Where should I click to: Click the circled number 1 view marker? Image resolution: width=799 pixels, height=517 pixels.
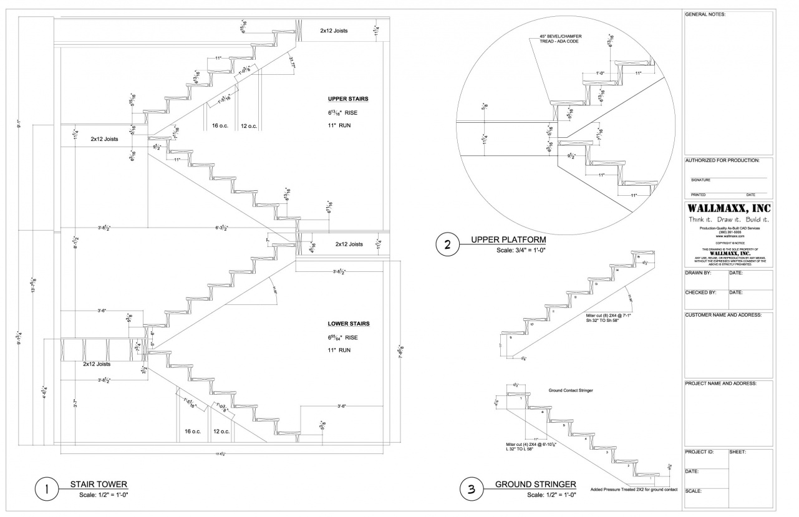(x=47, y=489)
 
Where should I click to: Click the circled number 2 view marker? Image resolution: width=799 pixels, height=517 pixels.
(x=447, y=244)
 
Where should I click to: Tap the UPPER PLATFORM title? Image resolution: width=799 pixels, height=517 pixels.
(x=508, y=239)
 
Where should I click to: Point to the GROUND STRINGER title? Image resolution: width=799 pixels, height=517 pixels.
(x=535, y=484)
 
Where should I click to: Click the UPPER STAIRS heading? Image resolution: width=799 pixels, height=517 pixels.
(x=348, y=99)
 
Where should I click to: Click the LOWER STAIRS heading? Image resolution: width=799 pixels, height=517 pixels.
(x=349, y=324)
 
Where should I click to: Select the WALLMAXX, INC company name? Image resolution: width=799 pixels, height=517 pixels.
(x=729, y=208)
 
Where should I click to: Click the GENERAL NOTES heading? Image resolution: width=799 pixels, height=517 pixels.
(x=705, y=14)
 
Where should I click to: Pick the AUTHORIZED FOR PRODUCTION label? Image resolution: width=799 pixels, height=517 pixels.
(x=722, y=160)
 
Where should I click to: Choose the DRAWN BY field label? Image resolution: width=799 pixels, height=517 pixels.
(x=698, y=273)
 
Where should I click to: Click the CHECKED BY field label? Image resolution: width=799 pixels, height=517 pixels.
(x=700, y=292)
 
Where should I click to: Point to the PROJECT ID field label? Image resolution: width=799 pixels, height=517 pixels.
(x=699, y=452)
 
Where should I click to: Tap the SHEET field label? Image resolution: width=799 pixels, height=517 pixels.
(x=738, y=452)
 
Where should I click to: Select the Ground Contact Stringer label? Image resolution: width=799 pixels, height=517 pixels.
(x=570, y=390)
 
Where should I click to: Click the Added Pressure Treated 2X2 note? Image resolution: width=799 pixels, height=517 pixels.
(x=633, y=489)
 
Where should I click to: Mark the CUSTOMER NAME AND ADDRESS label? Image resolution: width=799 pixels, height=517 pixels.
(x=723, y=315)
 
